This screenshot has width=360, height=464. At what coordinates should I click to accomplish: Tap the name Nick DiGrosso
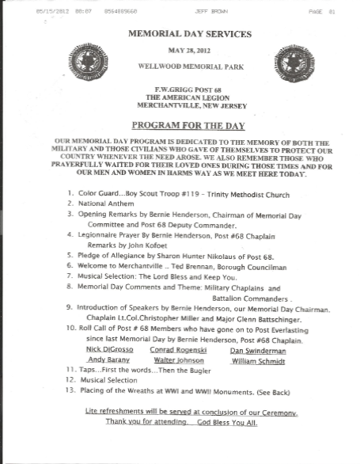coord(108,327)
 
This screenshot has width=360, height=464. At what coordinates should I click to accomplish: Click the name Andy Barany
coord(108,337)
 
